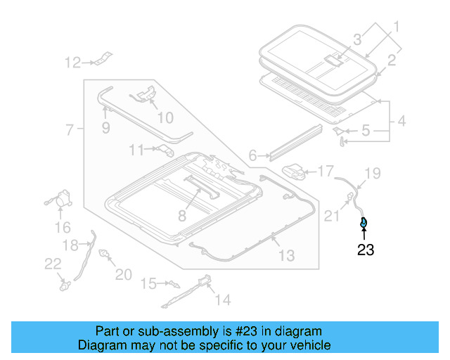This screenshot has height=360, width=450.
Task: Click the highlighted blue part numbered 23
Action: pos(363,224)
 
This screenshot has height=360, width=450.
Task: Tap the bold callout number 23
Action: pos(366,250)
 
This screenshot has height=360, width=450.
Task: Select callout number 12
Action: pos(73,63)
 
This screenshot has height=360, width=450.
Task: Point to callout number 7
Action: pos(70,130)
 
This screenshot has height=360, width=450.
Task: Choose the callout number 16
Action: pos(63,227)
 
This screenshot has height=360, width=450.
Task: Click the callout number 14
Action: pos(222,300)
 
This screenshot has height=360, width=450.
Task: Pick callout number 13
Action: pos(286,256)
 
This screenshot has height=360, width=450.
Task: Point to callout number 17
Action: pos(325,171)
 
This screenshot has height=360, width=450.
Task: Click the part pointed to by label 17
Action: pos(295,171)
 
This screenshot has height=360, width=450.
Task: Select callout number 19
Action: pos(372,173)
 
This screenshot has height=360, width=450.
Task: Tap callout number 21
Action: pos(331,217)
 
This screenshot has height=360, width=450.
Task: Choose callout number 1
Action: pos(396,27)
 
